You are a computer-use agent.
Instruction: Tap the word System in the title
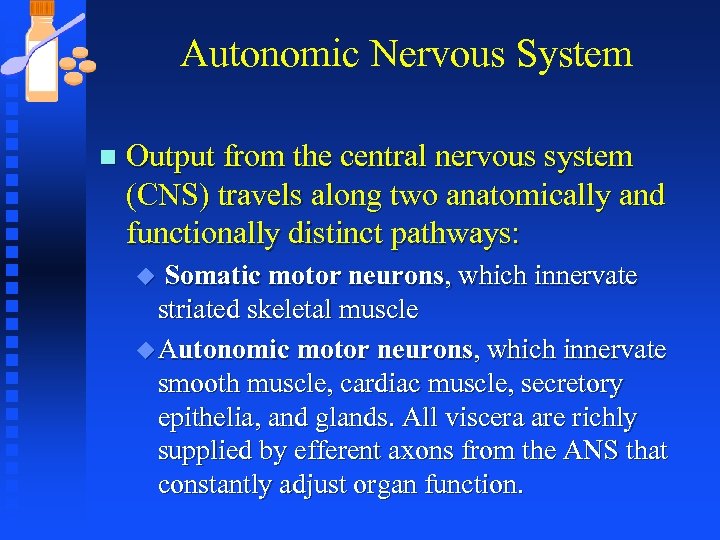pyautogui.click(x=576, y=54)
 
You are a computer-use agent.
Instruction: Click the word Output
pyautogui.click(x=171, y=157)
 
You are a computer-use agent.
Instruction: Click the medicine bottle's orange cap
pyautogui.click(x=43, y=8)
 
